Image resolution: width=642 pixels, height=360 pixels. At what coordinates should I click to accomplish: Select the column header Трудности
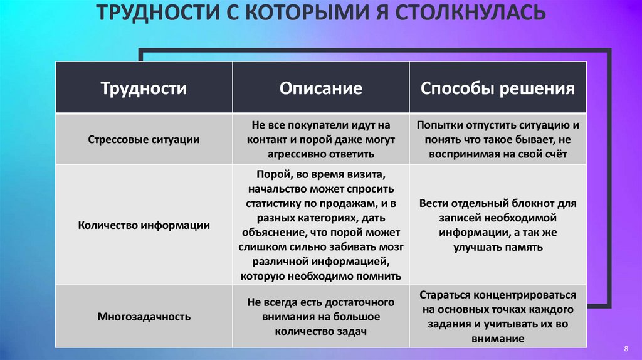pyautogui.click(x=144, y=88)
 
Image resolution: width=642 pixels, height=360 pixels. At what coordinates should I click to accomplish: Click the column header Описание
pyautogui.click(x=320, y=88)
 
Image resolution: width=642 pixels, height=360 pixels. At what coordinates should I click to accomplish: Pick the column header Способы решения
pyautogui.click(x=498, y=88)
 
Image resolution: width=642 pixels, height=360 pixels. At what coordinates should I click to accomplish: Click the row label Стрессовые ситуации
pyautogui.click(x=144, y=139)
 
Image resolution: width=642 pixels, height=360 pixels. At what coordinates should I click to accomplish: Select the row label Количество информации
pyautogui.click(x=144, y=225)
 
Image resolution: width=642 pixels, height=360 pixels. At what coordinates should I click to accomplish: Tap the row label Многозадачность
pyautogui.click(x=144, y=317)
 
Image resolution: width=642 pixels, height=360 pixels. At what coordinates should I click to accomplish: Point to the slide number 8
pyautogui.click(x=626, y=348)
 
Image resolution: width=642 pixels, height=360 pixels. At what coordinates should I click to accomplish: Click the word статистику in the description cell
pyautogui.click(x=270, y=204)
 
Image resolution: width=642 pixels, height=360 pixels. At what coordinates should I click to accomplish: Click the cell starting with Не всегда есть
pyautogui.click(x=320, y=317)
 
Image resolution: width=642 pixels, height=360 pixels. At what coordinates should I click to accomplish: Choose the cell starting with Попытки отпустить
pyautogui.click(x=498, y=139)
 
